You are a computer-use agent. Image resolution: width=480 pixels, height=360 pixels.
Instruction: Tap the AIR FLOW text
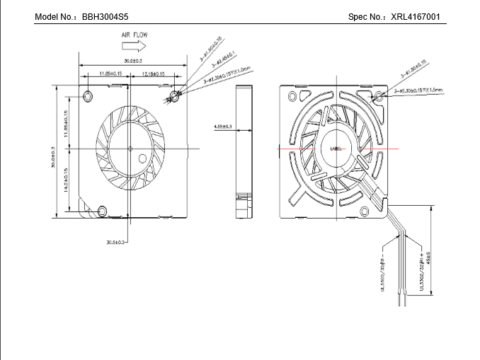[x=135, y=34]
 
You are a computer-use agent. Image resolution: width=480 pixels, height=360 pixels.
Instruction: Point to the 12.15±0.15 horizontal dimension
[x=153, y=74]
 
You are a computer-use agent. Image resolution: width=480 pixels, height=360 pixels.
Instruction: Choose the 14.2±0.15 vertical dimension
[x=66, y=180]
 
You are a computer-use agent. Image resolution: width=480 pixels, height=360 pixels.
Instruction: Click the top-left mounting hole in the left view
[x=88, y=95]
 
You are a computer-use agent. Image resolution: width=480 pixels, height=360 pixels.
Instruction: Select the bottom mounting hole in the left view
[x=103, y=210]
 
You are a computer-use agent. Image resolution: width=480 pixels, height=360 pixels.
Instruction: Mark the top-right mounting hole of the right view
[x=378, y=95]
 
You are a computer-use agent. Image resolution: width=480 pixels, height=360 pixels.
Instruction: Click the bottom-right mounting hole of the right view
[x=365, y=210]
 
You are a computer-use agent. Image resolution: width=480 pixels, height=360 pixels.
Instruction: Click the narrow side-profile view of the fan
[x=244, y=149]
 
